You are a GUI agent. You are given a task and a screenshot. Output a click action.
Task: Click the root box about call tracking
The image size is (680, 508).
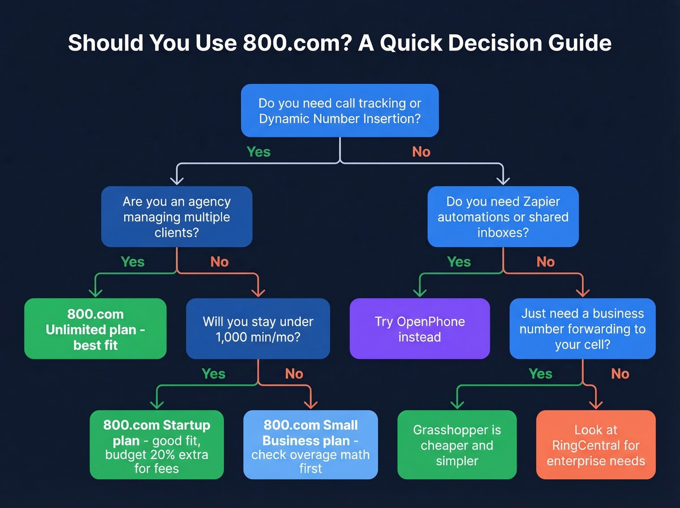(x=340, y=110)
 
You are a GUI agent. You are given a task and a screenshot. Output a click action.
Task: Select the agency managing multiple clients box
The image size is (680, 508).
(x=177, y=217)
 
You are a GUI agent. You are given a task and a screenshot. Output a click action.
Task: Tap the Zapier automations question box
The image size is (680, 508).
(x=503, y=217)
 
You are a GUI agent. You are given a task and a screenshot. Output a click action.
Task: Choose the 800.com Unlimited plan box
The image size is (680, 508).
(x=95, y=329)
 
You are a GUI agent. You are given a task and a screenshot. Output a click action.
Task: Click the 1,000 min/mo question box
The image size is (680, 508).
(x=258, y=329)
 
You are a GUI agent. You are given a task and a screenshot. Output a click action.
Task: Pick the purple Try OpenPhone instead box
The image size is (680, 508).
(x=420, y=329)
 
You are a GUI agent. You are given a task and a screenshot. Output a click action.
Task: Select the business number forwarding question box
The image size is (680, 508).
(x=582, y=329)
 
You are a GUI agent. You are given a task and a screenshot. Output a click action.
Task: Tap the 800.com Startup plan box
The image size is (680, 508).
(x=156, y=445)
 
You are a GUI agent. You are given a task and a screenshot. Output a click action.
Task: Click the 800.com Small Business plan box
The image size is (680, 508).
(x=310, y=445)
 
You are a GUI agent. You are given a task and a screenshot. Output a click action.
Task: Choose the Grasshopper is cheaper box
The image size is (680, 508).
(x=457, y=445)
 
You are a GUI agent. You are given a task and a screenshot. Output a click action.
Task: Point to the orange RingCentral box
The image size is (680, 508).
(x=595, y=445)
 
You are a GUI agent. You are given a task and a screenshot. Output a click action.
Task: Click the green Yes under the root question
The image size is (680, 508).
(x=258, y=152)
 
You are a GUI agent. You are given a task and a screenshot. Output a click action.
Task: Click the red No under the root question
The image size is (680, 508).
(x=421, y=152)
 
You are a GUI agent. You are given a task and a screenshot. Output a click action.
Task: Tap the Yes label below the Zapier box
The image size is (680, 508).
(x=459, y=262)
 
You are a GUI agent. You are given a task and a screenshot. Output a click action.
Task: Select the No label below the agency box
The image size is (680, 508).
(x=220, y=262)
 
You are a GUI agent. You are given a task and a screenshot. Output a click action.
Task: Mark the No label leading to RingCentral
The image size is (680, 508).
(x=620, y=374)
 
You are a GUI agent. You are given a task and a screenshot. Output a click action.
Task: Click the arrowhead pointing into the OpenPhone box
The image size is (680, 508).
(x=420, y=293)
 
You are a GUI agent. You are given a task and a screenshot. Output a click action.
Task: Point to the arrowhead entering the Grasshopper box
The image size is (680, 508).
(x=457, y=404)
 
